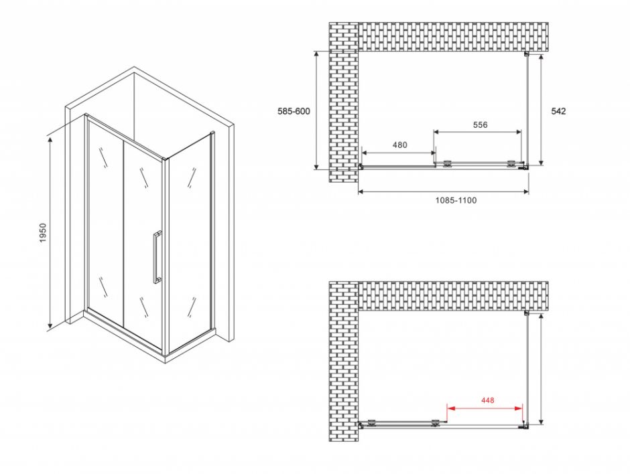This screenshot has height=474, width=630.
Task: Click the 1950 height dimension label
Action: tap(43, 232)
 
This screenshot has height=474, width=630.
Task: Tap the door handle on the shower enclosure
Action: tap(157, 257)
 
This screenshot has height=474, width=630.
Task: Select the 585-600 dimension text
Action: tap(294, 111)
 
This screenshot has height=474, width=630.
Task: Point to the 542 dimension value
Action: tap(558, 111)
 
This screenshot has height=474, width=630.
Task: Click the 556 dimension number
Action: tap(480, 125)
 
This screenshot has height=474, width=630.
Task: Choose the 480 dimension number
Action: tap(399, 145)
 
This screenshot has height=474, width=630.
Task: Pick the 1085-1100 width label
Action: tap(456, 200)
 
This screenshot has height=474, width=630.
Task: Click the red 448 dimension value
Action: tap(487, 400)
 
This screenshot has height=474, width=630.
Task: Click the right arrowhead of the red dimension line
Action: tap(519, 408)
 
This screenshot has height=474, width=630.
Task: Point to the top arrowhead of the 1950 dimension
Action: tap(50, 140)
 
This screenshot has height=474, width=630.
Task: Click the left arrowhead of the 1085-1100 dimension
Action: tap(362, 192)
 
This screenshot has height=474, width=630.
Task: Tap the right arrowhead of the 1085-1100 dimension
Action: tap(525, 192)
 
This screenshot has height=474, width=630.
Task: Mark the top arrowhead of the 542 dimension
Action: tap(542, 58)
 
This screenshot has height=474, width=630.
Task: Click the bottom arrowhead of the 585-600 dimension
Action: tap(316, 165)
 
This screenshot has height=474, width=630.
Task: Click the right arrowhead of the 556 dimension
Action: tap(518, 132)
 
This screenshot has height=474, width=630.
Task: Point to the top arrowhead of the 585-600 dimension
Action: tap(316, 55)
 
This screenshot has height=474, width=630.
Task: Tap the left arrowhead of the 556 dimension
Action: tap(437, 132)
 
